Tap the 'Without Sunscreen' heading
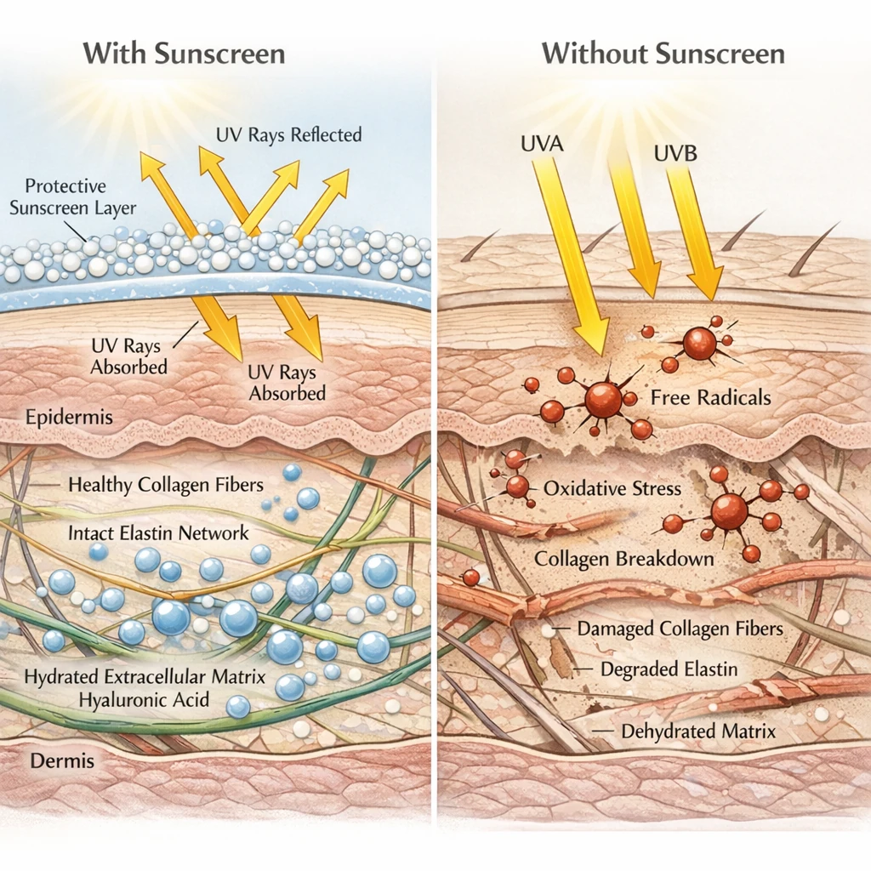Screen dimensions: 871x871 [663, 54]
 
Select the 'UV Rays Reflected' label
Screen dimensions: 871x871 [290, 135]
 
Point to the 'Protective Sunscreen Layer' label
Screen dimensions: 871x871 [80, 196]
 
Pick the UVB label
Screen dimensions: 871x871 [677, 155]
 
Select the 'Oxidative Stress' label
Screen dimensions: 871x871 [612, 488]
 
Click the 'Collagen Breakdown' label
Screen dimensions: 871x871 [623, 559]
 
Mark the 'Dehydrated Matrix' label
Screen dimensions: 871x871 [698, 731]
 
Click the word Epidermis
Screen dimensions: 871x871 [69, 418]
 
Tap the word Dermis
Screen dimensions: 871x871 [62, 761]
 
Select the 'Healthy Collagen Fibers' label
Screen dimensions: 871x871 [165, 485]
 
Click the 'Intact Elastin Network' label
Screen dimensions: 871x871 [160, 533]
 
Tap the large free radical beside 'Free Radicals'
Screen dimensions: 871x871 [603, 399]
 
